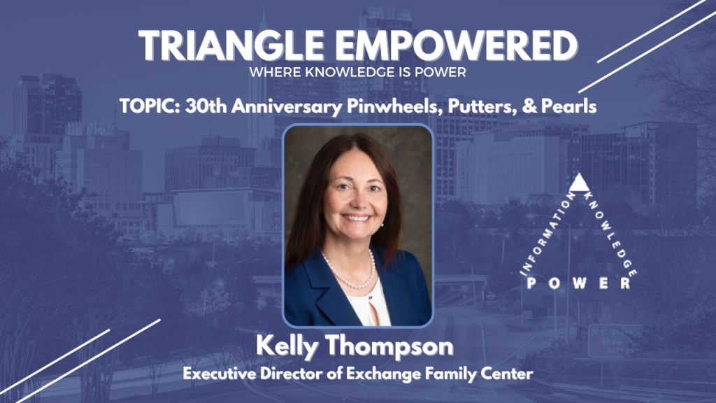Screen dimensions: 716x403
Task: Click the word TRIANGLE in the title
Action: click(x=231, y=45)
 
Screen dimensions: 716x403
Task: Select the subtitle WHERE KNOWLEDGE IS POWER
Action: click(x=357, y=72)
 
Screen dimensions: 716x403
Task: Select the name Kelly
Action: click(x=287, y=347)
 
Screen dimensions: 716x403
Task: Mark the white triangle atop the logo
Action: click(x=579, y=183)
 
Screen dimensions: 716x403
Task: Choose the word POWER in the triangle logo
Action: click(x=579, y=283)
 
